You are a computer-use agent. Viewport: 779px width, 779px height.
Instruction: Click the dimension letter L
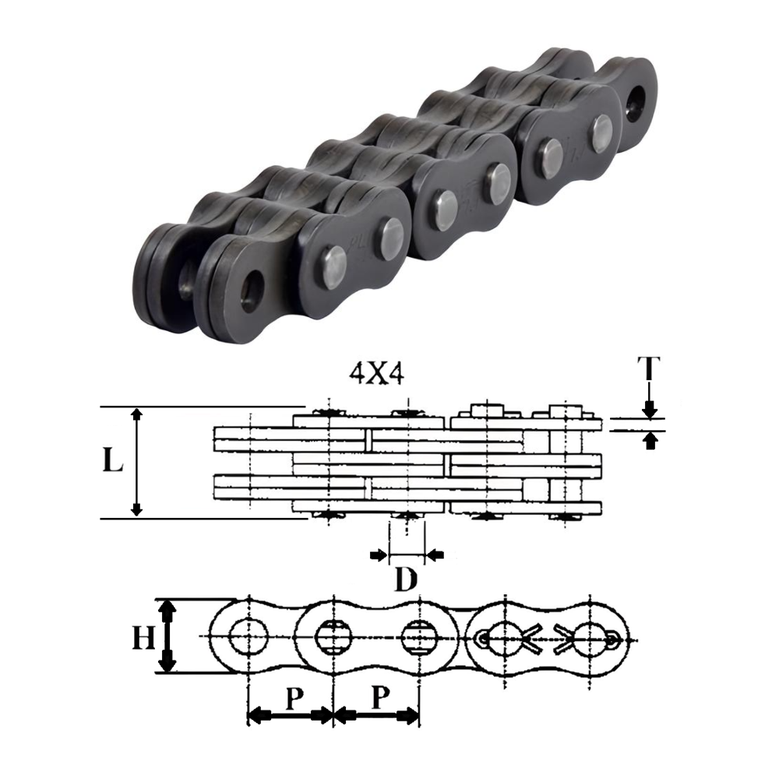[113, 462]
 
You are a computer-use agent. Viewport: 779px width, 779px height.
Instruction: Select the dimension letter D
[404, 580]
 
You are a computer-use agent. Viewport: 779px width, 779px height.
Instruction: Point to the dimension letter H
[143, 640]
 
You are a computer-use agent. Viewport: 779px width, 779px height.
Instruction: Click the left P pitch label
[294, 699]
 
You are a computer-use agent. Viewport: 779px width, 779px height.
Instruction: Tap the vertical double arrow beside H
[166, 636]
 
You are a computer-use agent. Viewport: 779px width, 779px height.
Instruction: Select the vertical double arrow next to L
[137, 462]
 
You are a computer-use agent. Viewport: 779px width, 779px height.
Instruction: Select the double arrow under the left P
[290, 715]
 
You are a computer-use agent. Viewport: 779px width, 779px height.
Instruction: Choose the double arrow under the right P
[376, 715]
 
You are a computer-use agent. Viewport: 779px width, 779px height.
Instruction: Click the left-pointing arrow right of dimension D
[435, 555]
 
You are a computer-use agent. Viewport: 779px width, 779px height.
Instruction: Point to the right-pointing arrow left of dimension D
[377, 555]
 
